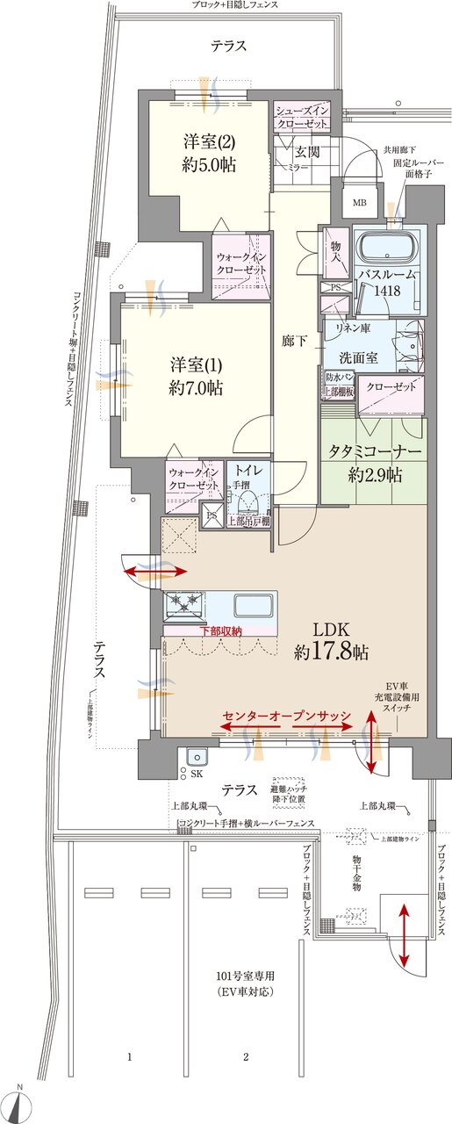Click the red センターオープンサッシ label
pyautogui.click(x=287, y=717)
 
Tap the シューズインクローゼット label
pyautogui.click(x=303, y=118)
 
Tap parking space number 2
pyautogui.click(x=247, y=1055)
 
